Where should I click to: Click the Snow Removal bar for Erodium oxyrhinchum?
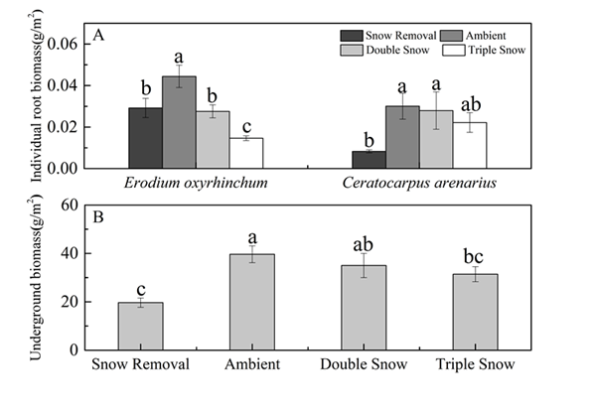tap(145, 138)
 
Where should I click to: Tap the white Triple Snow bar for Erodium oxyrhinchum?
tap(246, 153)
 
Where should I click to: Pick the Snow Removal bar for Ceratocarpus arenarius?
tap(370, 159)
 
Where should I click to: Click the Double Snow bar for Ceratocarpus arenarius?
tap(436, 139)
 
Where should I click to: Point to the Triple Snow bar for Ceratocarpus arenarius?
tap(470, 145)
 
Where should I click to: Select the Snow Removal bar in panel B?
tap(140, 326)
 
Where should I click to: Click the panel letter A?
tap(98, 36)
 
